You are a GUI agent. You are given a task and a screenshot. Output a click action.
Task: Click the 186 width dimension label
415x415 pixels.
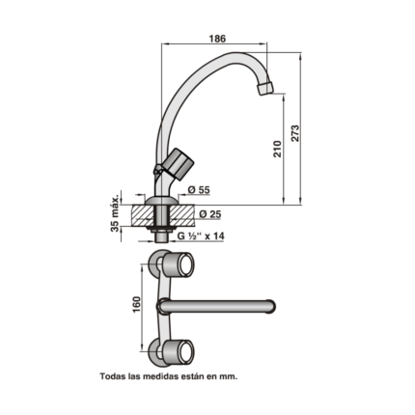tap(217, 39)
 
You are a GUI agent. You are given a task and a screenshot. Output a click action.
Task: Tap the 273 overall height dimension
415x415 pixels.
tap(295, 133)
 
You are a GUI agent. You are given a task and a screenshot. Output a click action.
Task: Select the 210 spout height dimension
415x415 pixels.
tap(277, 149)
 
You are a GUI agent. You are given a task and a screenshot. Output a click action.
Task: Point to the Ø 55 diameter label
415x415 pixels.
tap(199, 190)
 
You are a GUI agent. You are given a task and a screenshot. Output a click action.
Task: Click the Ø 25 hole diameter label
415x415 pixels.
tap(210, 214)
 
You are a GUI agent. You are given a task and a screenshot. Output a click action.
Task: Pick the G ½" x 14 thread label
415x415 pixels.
tap(201, 236)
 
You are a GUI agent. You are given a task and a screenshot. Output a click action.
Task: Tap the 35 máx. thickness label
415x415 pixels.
tap(115, 211)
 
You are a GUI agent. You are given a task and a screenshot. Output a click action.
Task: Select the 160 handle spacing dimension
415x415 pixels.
tap(136, 305)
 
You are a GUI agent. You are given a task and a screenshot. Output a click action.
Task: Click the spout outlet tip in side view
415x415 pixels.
tap(265, 88)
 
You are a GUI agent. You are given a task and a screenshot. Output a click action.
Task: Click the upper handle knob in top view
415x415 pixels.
tap(178, 265)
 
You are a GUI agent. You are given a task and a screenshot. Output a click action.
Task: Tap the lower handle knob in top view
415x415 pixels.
tap(178, 351)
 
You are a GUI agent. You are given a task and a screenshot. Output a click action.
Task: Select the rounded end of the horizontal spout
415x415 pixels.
tap(270, 306)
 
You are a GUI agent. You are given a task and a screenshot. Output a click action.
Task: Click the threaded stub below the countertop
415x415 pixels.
tap(160, 237)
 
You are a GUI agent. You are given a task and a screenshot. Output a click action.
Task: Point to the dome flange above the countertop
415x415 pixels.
tap(160, 200)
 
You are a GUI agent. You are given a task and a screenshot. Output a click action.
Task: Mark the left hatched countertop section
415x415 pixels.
tap(143, 215)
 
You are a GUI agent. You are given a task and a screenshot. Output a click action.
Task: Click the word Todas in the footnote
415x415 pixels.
tap(111, 376)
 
